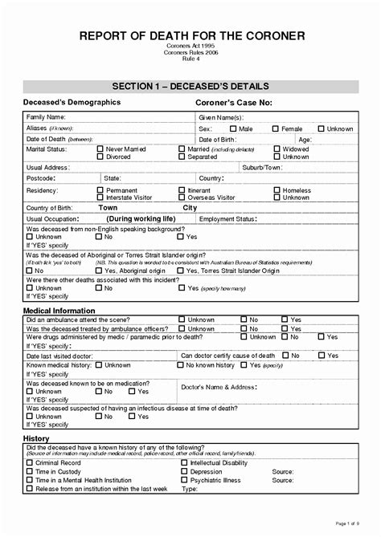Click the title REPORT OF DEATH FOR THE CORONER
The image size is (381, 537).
(190, 35)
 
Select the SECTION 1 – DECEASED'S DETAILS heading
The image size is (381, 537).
(190, 86)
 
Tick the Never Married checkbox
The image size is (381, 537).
(100, 148)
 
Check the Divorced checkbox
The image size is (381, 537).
(100, 157)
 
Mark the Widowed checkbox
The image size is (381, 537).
(277, 148)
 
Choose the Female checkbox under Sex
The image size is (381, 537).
(275, 128)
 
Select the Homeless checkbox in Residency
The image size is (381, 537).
(277, 190)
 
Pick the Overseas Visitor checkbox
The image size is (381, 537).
(182, 197)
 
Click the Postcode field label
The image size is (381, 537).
(41, 178)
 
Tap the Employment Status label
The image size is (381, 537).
(227, 218)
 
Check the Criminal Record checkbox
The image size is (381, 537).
(30, 463)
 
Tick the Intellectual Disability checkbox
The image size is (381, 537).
(183, 463)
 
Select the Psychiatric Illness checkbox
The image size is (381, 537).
(183, 480)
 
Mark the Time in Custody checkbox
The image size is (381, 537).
(30, 472)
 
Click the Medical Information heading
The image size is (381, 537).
(59, 311)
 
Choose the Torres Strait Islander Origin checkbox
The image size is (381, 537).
(182, 271)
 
